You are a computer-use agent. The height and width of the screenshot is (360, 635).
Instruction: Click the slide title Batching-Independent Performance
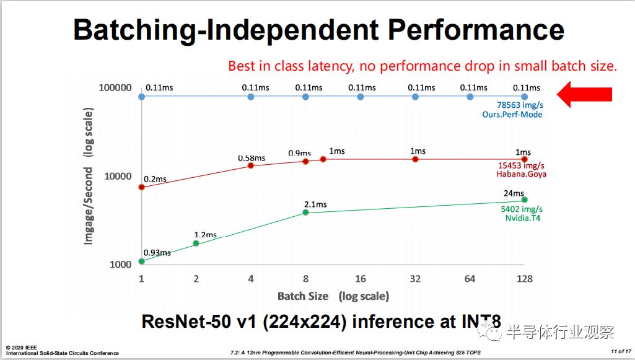tap(318, 30)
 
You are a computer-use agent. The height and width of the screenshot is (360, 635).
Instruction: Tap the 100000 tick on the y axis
tap(115, 88)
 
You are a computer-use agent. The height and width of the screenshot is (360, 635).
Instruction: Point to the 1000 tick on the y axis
tap(121, 265)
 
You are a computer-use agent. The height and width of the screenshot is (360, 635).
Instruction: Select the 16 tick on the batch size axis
tap(361, 279)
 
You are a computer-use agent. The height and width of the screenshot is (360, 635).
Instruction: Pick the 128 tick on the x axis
tap(524, 279)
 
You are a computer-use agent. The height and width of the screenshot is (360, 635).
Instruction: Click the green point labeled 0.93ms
tap(141, 261)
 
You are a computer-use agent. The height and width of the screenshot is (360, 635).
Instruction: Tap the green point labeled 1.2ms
tap(196, 243)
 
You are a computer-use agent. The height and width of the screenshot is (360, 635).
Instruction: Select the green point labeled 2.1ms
tap(305, 213)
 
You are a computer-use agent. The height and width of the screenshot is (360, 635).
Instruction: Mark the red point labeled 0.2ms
tap(141, 187)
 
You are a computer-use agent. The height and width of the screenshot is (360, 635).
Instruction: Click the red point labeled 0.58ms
tap(251, 165)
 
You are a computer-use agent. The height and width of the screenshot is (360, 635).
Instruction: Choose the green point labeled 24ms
tap(525, 200)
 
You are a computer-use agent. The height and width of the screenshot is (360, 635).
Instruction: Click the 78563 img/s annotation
tap(519, 105)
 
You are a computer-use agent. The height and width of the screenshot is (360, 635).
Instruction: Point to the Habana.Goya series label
tap(521, 174)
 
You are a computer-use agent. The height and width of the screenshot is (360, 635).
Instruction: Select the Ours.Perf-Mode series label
tap(512, 115)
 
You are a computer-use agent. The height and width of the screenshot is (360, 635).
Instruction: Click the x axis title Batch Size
tap(302, 296)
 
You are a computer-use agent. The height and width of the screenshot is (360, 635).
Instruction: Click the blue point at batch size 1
tap(141, 97)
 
